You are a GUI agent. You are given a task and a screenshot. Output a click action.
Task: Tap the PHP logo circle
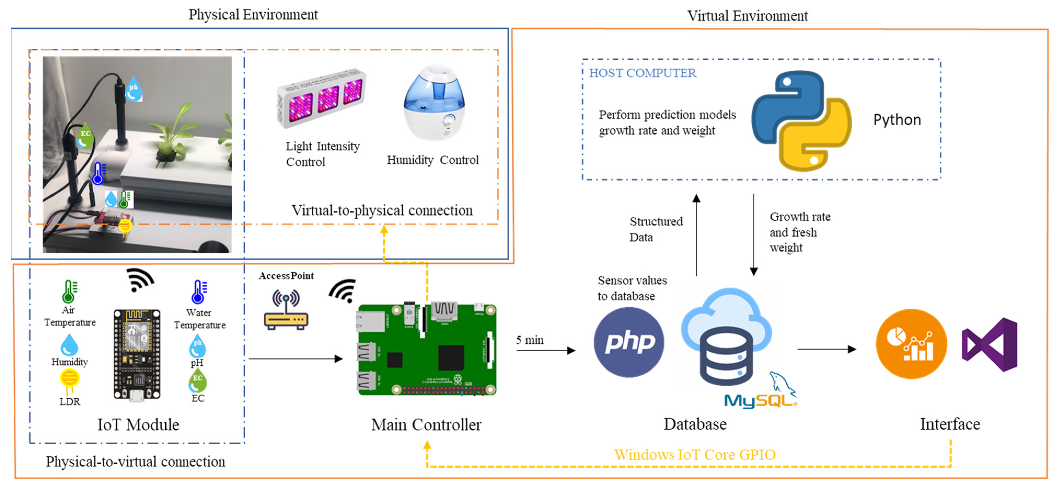[x=629, y=342]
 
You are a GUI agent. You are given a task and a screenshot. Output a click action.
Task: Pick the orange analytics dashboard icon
[x=911, y=344]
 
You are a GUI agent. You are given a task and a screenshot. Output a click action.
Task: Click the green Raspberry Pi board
[x=427, y=349]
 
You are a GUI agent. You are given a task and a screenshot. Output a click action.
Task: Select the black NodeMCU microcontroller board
[x=137, y=354]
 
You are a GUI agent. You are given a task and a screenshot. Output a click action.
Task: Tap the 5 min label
[x=529, y=340]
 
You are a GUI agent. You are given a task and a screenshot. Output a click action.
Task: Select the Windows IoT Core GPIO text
[x=695, y=455]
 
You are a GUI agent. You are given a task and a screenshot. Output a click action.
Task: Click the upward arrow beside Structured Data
[x=696, y=235]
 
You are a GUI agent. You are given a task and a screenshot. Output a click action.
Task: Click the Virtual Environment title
[x=747, y=16]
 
